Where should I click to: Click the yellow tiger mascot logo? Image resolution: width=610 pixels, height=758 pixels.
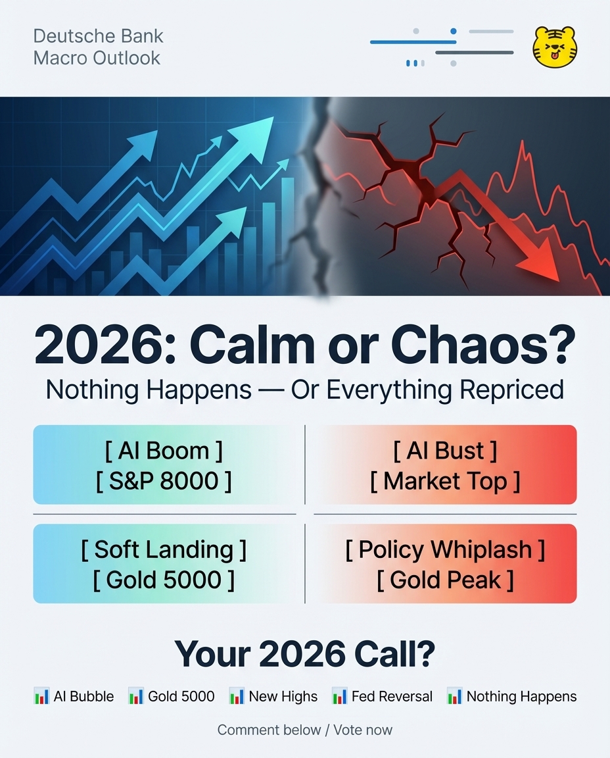pos(555,47)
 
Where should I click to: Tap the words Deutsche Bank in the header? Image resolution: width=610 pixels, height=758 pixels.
pos(98,36)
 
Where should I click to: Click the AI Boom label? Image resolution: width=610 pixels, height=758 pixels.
pos(164,451)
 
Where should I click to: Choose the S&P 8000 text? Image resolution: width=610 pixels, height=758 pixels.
pos(164,481)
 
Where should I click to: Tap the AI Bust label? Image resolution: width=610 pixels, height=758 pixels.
pos(445,451)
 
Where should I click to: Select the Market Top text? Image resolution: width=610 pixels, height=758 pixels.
pos(445,481)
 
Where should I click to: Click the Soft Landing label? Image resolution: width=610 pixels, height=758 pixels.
pos(164,549)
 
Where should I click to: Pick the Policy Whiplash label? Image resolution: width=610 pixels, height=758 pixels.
pos(445,549)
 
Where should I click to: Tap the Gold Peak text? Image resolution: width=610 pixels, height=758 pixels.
pos(445,580)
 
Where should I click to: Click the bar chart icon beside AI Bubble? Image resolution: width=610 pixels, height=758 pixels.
pos(41,696)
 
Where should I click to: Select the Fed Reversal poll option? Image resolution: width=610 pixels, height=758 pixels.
pos(383,696)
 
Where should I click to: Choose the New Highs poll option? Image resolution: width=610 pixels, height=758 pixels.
pos(273,696)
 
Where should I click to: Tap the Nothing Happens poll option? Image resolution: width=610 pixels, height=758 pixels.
pos(512,696)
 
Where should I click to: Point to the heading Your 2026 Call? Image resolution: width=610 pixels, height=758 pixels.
pos(305,653)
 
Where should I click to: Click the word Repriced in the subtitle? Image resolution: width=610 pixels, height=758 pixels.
pos(511,390)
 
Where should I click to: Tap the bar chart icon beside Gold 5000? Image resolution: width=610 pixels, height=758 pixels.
pos(135,696)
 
